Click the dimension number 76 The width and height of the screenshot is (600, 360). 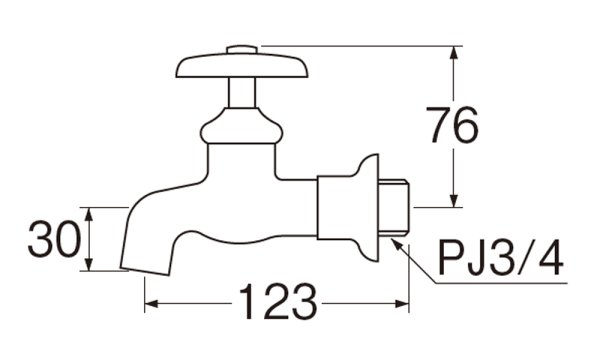pyautogui.click(x=452, y=125)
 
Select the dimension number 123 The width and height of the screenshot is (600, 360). pyautogui.click(x=278, y=302)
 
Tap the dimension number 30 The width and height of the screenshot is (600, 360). pyautogui.click(x=54, y=239)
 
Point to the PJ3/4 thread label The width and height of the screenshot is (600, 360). pyautogui.click(x=501, y=258)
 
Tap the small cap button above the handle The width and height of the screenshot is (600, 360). pyautogui.click(x=242, y=50)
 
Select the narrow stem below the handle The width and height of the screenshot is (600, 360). pyautogui.click(x=242, y=93)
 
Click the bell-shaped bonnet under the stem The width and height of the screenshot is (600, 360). pyautogui.click(x=242, y=125)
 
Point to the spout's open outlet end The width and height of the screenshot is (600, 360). pyautogui.click(x=145, y=269)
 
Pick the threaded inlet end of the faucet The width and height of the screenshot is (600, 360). pyautogui.click(x=394, y=208)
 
